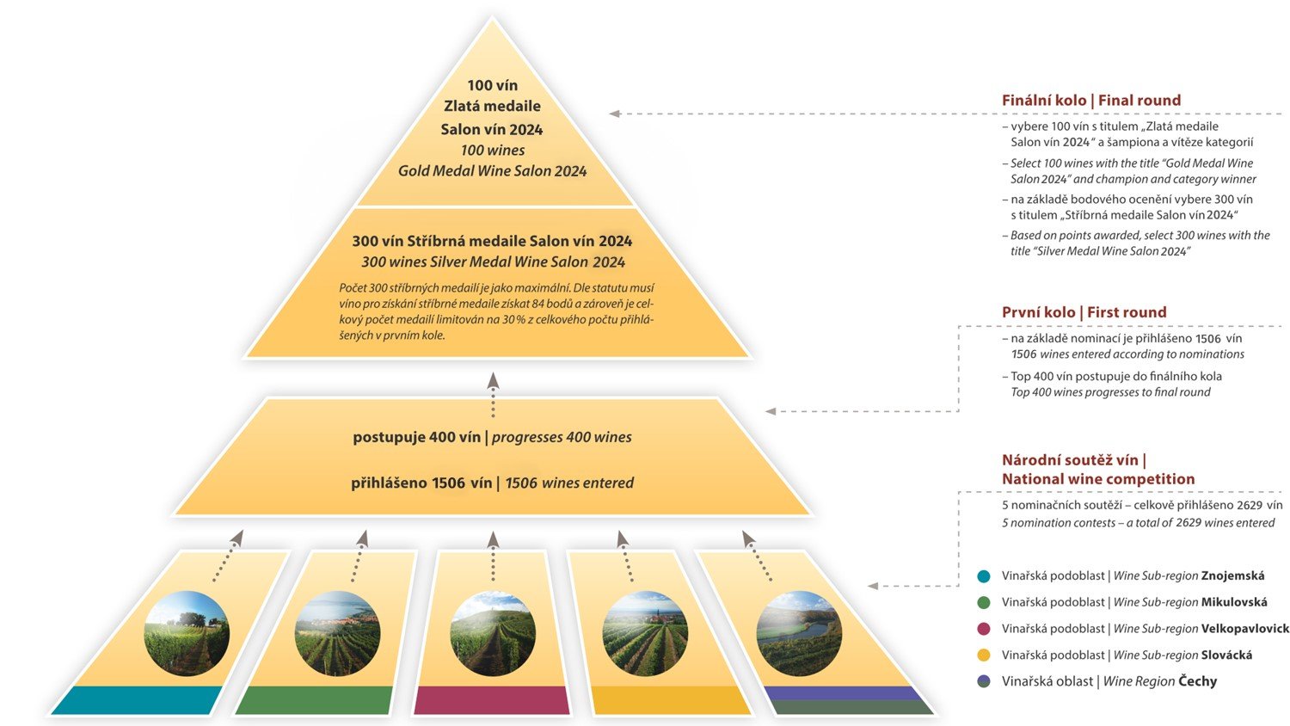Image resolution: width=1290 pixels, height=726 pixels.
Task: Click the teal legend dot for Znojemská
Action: (984, 576)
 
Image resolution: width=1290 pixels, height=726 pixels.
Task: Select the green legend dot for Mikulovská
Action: (984, 603)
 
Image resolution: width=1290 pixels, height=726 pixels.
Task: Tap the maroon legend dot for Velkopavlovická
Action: (984, 629)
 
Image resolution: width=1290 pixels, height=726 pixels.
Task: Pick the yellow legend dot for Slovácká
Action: (984, 655)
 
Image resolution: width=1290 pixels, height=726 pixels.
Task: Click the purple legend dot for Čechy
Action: (984, 681)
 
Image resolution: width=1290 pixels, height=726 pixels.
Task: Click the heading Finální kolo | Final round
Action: (1090, 101)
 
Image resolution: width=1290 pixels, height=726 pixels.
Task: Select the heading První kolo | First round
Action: (1084, 312)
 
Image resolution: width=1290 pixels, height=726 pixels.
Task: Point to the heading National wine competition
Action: (1097, 479)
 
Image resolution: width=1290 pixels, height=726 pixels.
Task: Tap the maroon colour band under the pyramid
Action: (492, 700)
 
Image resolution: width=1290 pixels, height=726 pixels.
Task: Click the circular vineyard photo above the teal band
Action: (187, 634)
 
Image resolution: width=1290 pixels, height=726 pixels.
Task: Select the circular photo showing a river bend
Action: (798, 634)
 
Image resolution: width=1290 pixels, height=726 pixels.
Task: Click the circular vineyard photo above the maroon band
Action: (493, 634)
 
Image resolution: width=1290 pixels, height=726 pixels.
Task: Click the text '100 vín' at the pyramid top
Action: (492, 85)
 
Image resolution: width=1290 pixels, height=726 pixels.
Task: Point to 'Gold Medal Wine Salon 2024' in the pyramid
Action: (492, 171)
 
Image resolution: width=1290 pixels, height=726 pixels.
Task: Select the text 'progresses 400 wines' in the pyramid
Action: (562, 437)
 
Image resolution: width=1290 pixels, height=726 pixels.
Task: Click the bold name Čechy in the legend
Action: (1197, 681)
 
